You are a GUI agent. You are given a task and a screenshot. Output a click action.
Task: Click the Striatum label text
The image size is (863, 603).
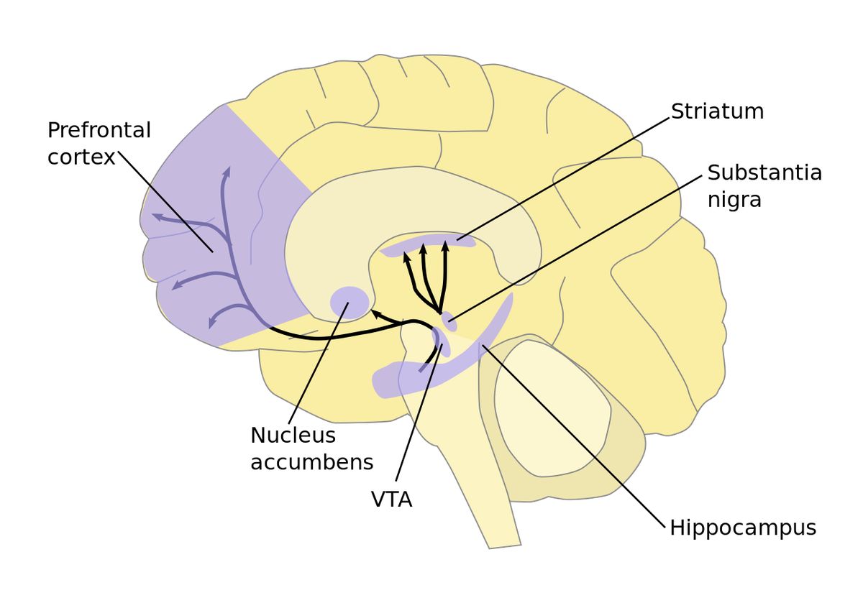(x=718, y=111)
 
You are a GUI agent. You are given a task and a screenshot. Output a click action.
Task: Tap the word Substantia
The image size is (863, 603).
(x=764, y=172)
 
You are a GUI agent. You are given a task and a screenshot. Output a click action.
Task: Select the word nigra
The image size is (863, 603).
(x=734, y=201)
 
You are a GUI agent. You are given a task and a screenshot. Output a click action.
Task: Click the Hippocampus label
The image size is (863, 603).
(x=743, y=528)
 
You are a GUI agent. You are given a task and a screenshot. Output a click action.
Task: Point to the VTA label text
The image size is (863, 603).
(x=391, y=500)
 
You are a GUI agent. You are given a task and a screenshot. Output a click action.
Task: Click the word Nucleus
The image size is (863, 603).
(x=293, y=436)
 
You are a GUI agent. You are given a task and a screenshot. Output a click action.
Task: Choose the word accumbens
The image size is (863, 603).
(x=312, y=462)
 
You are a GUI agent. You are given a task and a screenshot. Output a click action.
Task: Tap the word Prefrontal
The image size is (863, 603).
(x=99, y=130)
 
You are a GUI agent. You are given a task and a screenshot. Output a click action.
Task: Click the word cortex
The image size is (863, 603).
(x=81, y=157)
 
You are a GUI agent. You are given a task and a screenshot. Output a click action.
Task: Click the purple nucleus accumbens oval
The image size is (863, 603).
(x=350, y=303)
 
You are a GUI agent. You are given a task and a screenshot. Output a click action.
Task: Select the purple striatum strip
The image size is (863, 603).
(x=428, y=245)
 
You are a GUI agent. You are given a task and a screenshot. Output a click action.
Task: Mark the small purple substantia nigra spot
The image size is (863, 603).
(x=449, y=322)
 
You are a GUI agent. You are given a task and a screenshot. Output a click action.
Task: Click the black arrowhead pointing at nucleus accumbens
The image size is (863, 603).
(x=377, y=314)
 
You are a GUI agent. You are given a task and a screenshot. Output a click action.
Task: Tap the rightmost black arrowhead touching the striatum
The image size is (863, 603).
(x=445, y=246)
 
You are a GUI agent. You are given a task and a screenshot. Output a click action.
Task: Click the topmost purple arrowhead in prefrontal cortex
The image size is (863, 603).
(x=227, y=172)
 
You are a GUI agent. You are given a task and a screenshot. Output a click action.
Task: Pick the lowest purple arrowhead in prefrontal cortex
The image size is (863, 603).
(x=212, y=322)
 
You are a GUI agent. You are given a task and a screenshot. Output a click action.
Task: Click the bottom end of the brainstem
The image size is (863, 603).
(x=505, y=547)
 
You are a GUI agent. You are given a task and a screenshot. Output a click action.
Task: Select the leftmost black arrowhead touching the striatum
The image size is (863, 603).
(x=406, y=257)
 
